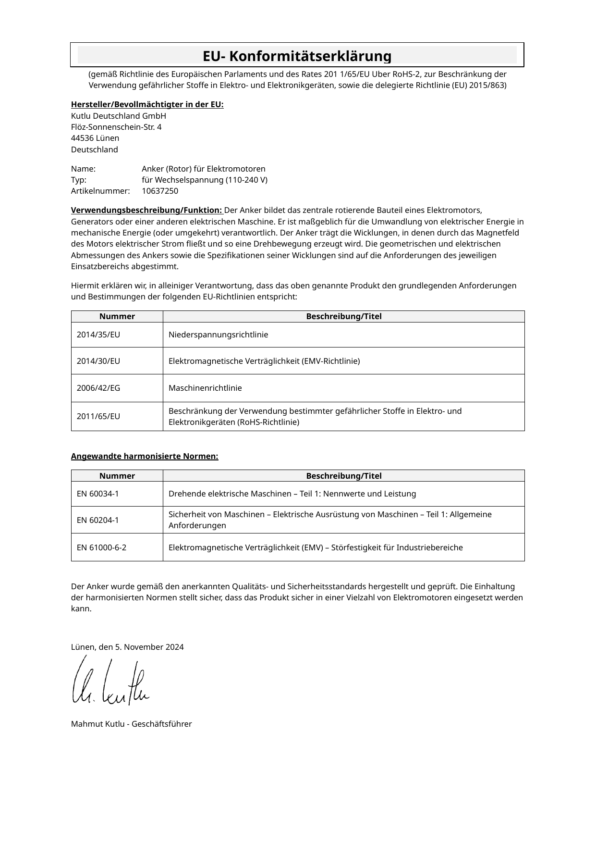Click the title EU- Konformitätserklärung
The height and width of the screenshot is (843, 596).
click(297, 56)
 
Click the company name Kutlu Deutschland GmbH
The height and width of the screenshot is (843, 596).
click(119, 116)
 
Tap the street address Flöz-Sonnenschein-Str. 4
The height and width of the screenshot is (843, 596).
click(116, 127)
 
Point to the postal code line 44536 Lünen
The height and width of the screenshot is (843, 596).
click(95, 138)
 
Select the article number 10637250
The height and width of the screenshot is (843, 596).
click(160, 191)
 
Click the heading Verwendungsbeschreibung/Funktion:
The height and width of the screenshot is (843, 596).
click(147, 211)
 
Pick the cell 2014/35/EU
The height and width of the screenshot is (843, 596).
click(98, 335)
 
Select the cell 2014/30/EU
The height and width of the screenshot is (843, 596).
click(98, 361)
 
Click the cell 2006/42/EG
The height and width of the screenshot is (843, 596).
click(98, 388)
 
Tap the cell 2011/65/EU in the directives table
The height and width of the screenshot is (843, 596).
click(98, 416)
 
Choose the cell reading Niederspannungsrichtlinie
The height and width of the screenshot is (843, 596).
click(219, 335)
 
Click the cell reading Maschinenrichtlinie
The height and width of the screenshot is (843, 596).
click(205, 388)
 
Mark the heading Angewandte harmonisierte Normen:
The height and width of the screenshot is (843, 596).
click(145, 456)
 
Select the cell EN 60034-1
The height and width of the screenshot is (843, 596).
click(98, 494)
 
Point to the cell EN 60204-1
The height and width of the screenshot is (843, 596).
click(98, 520)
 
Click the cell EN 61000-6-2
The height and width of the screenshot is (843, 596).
click(102, 547)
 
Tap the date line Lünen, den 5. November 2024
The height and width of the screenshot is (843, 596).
click(127, 647)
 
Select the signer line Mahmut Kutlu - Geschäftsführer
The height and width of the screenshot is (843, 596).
click(131, 724)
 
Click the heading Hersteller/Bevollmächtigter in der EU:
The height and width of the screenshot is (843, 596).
click(147, 105)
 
